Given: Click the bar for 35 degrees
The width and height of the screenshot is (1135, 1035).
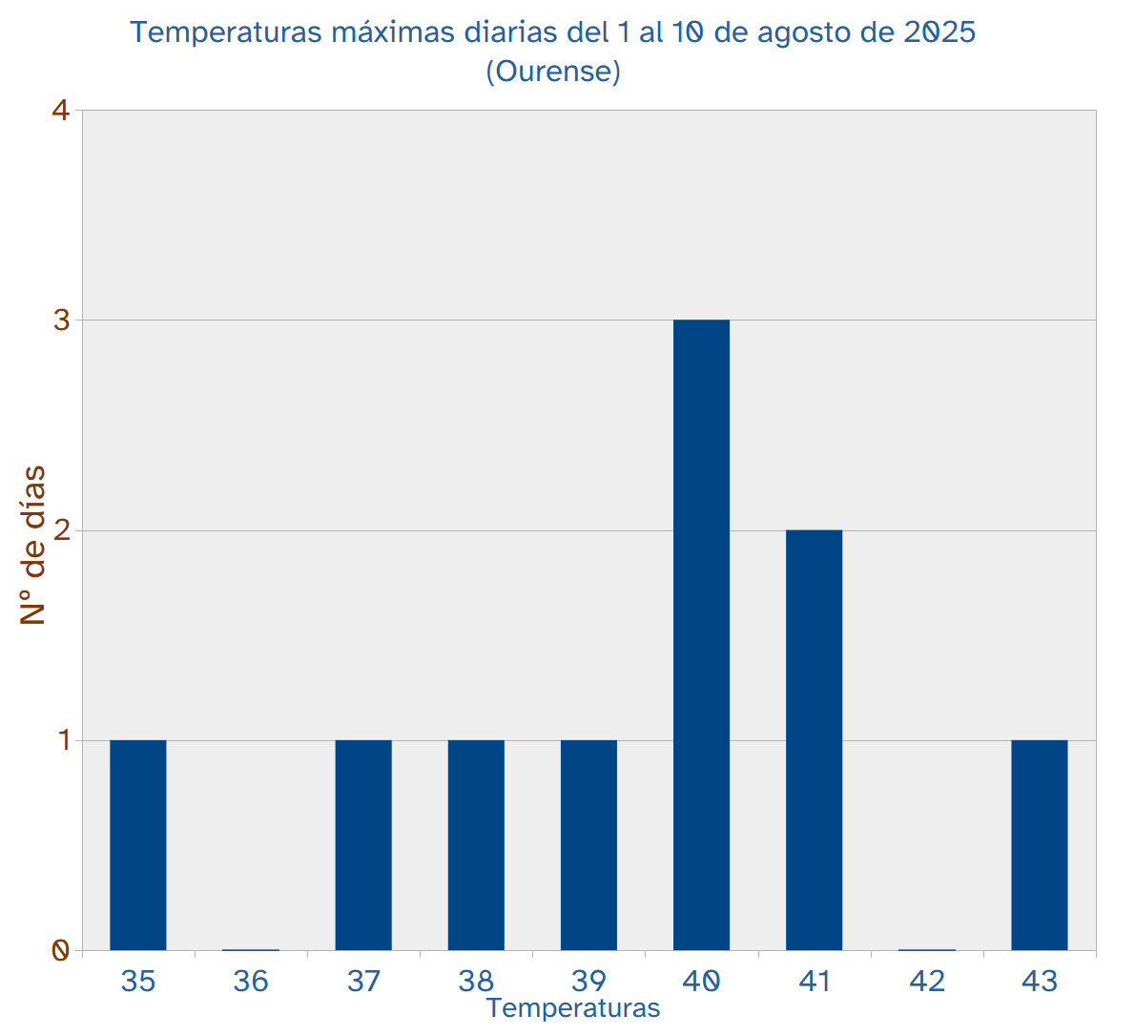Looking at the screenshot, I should [x=138, y=844].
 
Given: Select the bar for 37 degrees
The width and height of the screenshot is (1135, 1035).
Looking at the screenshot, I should [x=363, y=844].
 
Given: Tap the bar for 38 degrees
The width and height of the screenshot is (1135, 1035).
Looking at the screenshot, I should [x=476, y=844].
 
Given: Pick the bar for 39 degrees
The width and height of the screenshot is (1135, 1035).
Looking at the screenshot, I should [x=588, y=844].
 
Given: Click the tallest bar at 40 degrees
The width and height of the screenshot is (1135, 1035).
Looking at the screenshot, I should [x=701, y=634].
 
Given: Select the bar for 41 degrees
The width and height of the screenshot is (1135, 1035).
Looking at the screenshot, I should [x=814, y=739].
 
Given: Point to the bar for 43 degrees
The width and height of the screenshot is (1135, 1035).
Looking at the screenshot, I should [x=1039, y=844].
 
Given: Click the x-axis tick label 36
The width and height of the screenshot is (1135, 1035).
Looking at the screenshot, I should [x=251, y=981].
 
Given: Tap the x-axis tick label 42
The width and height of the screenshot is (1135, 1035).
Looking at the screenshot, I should [x=926, y=981].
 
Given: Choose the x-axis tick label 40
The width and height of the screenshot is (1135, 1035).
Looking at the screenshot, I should [x=701, y=981].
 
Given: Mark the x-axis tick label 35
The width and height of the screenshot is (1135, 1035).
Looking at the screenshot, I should [x=138, y=981].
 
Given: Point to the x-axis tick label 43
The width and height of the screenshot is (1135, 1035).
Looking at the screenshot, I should [x=1039, y=981].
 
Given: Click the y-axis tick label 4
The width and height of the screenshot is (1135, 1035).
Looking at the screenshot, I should [x=61, y=111].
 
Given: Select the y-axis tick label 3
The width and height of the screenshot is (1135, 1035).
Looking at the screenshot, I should [x=61, y=321].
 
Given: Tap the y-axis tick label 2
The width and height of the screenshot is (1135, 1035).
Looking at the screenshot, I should [x=61, y=530].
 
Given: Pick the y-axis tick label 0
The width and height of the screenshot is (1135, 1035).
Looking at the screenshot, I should [x=61, y=950].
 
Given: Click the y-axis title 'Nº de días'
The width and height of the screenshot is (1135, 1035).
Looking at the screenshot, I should [x=33, y=545].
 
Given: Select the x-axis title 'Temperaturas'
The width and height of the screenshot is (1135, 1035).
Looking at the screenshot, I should [x=572, y=1008].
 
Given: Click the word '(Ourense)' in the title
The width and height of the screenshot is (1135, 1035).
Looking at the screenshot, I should [x=553, y=72].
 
